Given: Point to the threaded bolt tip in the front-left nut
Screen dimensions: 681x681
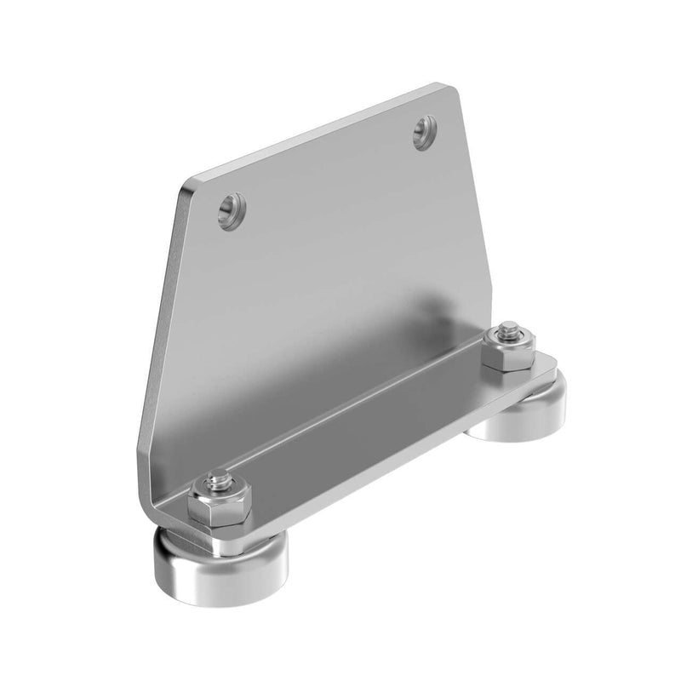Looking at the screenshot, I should (218, 482).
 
